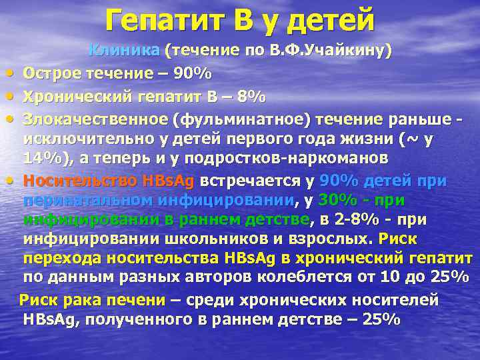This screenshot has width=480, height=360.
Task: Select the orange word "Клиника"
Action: pos(125,50)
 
